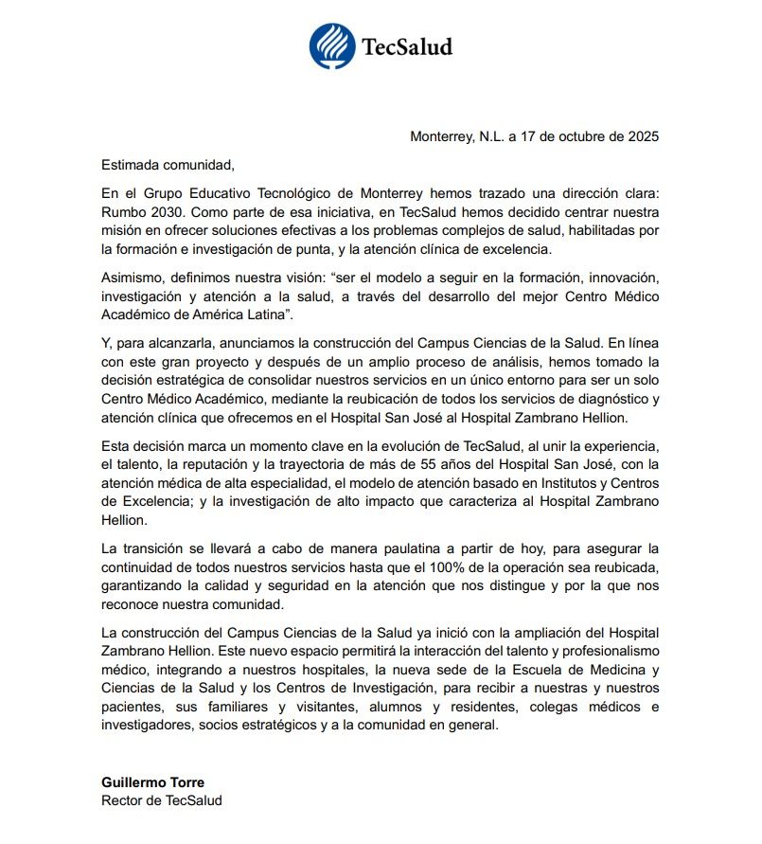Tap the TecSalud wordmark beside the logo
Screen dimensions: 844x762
[x=407, y=46]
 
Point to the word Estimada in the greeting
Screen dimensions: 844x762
[x=130, y=164]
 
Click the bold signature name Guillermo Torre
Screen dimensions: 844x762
[x=153, y=782]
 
